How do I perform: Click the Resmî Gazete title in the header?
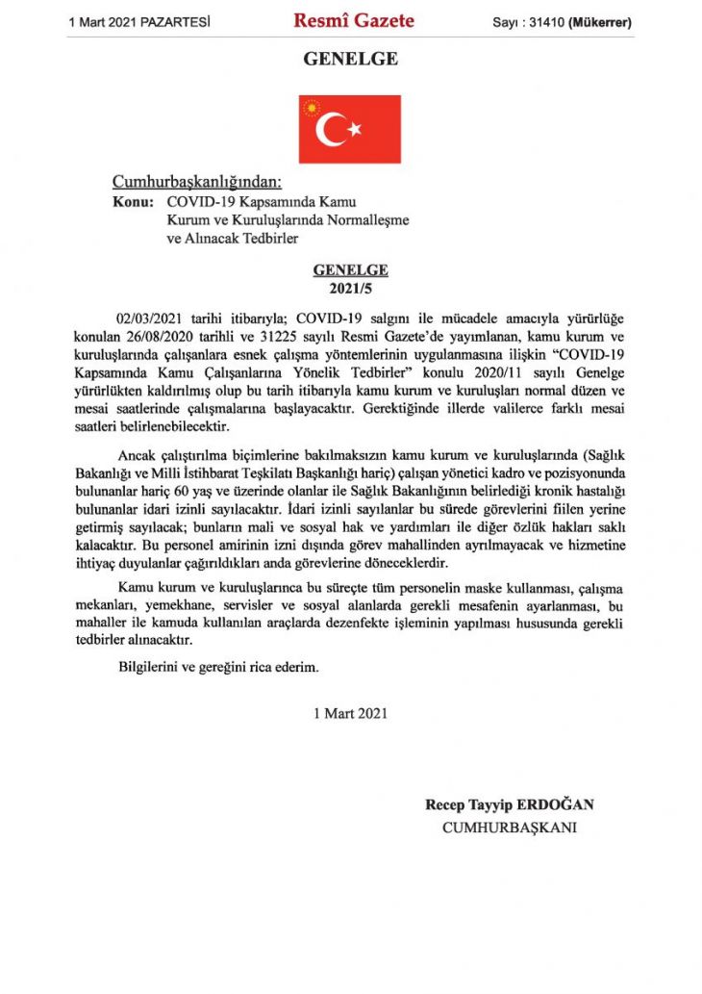point(354,20)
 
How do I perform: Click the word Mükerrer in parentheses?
point(601,21)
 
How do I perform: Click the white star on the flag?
point(354,128)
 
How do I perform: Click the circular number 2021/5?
point(350,289)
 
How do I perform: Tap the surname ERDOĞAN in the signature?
point(558,804)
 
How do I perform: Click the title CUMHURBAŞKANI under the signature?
point(509,827)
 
